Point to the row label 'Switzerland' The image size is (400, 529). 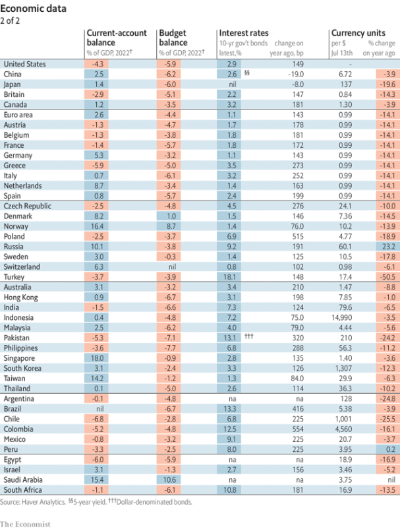[22, 266]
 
